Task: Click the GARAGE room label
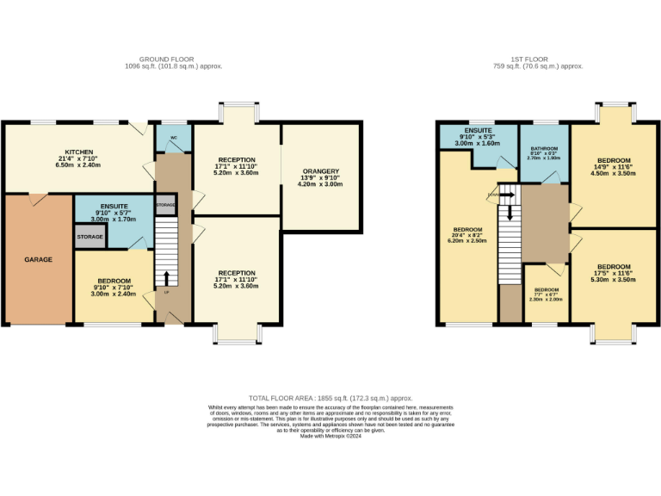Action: (x=38, y=259)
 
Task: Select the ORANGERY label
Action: (x=319, y=170)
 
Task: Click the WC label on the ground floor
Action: (x=173, y=138)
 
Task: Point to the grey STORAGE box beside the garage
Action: (x=90, y=237)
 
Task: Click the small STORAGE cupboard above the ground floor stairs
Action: (x=165, y=205)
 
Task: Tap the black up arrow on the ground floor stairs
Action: (x=165, y=277)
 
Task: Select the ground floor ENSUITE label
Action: (x=114, y=207)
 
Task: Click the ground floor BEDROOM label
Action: (x=114, y=282)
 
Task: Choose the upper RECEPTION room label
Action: (x=236, y=159)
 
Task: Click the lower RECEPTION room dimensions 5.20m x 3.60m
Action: (x=236, y=286)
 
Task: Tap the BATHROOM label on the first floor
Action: (x=544, y=149)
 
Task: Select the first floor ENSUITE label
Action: (x=478, y=129)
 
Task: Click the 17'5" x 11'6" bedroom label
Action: (x=615, y=266)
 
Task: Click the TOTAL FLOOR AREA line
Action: (x=330, y=398)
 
